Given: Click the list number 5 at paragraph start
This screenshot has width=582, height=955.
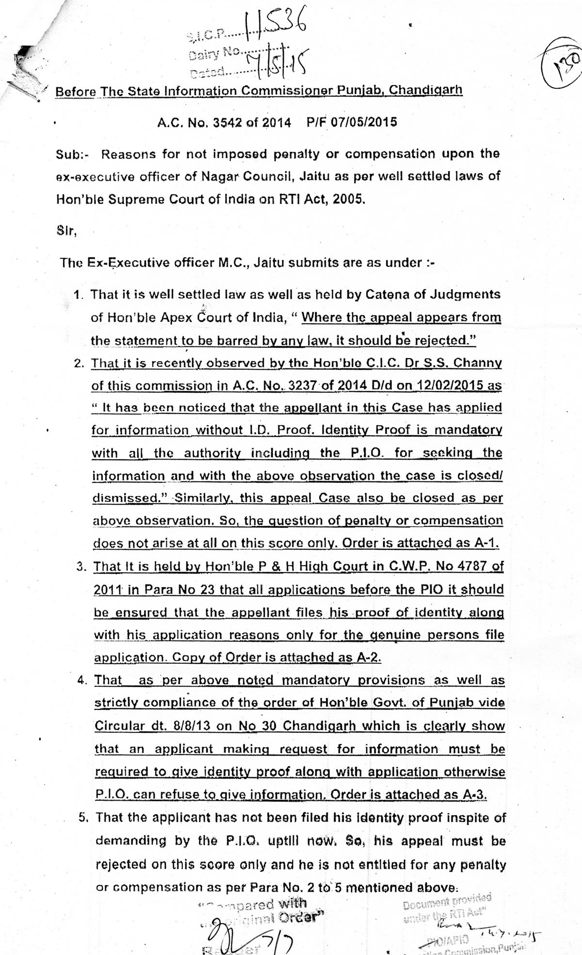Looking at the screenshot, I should tap(83, 818).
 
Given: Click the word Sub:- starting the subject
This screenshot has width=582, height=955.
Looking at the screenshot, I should tap(71, 155).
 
